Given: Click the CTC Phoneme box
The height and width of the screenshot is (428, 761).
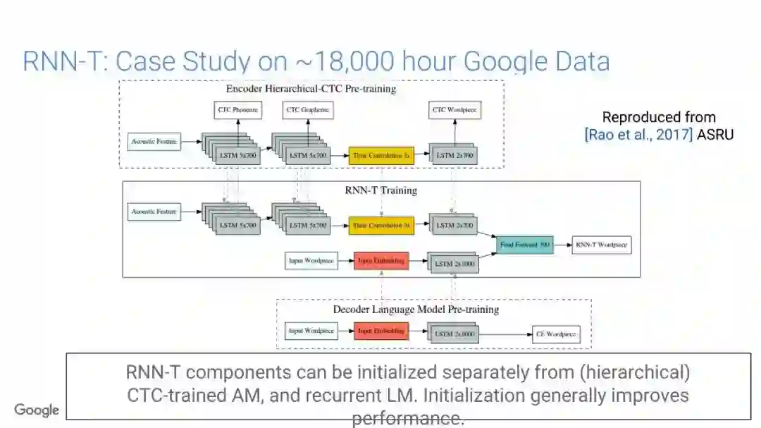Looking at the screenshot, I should [x=237, y=110].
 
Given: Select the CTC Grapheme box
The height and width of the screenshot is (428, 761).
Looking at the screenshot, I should [x=307, y=110].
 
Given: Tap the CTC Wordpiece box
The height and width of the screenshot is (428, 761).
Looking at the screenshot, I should [x=454, y=110].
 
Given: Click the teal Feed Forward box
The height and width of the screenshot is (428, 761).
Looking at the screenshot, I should [x=524, y=245].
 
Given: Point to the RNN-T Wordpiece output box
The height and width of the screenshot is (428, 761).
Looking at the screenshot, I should [x=601, y=245].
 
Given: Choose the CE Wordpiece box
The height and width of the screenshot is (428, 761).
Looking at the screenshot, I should [x=556, y=334].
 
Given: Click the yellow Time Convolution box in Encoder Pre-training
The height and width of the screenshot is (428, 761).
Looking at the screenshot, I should [x=381, y=155].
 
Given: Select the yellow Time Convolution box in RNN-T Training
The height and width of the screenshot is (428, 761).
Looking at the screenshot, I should [x=381, y=226].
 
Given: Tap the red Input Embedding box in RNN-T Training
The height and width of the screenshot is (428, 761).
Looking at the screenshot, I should [x=381, y=261].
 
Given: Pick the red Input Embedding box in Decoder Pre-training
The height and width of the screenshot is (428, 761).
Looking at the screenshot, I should [x=381, y=331].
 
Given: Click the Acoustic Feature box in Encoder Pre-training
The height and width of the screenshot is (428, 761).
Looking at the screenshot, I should [x=154, y=142].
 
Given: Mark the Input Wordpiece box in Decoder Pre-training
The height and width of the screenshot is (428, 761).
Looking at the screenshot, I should [x=309, y=331].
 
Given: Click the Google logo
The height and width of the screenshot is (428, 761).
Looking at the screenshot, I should [x=37, y=410].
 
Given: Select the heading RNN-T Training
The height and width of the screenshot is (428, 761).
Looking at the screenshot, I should [x=380, y=190].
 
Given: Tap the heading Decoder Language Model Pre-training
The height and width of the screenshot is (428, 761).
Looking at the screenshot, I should [x=416, y=310].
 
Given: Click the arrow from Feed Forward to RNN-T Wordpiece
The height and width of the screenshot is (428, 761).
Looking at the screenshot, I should [x=562, y=245].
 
